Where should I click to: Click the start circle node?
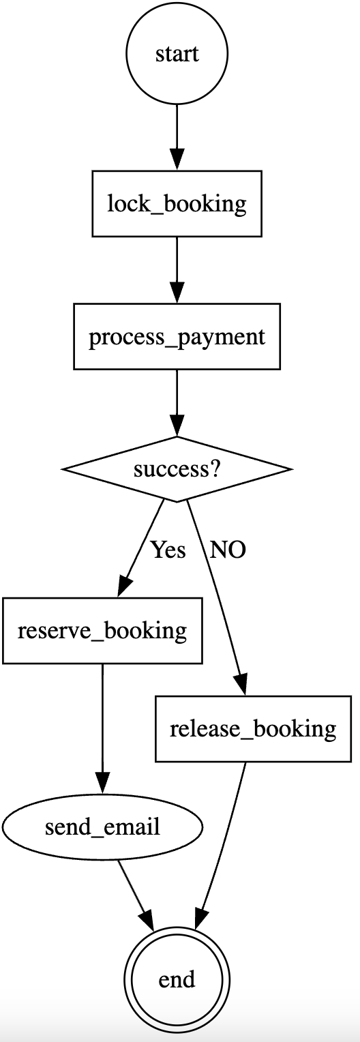click(x=177, y=53)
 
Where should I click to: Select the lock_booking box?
click(x=177, y=204)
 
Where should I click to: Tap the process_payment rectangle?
click(x=177, y=336)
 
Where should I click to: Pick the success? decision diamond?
click(x=177, y=469)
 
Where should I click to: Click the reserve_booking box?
click(x=102, y=630)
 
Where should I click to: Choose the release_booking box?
click(x=253, y=728)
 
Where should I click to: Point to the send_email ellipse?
click(x=102, y=827)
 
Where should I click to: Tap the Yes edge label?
click(x=168, y=550)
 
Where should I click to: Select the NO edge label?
click(x=228, y=550)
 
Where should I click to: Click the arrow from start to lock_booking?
click(x=177, y=138)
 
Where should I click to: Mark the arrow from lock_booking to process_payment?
click(x=177, y=270)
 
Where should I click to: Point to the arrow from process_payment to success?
click(x=177, y=403)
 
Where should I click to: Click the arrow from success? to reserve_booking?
click(x=141, y=548)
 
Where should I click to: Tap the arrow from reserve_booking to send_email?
click(x=102, y=728)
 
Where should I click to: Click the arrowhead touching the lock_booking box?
click(x=177, y=160)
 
